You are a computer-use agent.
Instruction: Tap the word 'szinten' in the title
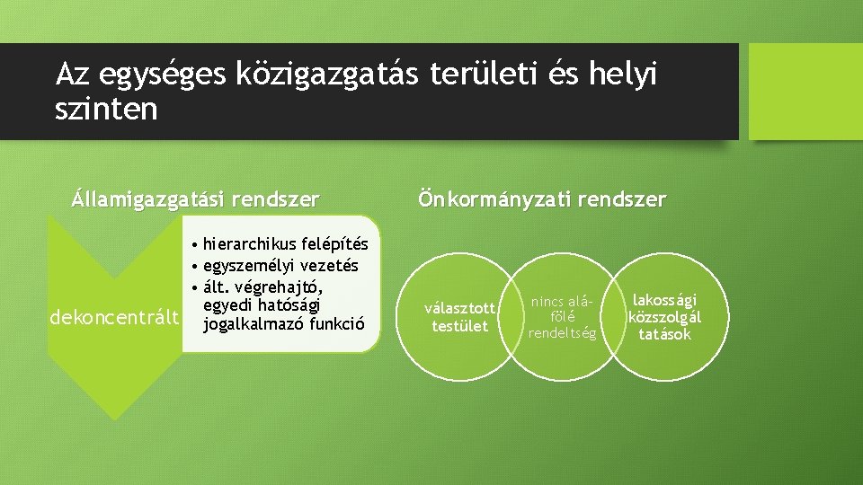[x=106, y=110]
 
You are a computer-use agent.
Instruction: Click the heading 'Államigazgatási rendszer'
[x=195, y=198]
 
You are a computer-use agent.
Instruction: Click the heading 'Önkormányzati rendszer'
[x=541, y=198]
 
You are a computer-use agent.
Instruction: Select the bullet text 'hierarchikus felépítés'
[x=285, y=244]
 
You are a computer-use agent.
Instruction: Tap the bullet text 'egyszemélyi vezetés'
[x=280, y=266]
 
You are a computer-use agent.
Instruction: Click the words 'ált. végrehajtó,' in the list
[x=262, y=287]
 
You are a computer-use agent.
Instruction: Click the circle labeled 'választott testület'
[x=459, y=318]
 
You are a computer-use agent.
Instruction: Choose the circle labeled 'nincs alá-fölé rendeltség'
[x=563, y=318]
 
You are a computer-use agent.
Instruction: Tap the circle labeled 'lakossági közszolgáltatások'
[x=665, y=318]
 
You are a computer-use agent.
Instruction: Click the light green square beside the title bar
[x=805, y=92]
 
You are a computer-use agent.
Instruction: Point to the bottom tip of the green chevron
[x=113, y=417]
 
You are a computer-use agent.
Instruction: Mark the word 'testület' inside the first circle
[x=459, y=326]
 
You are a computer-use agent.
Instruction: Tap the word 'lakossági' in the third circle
[x=665, y=301]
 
